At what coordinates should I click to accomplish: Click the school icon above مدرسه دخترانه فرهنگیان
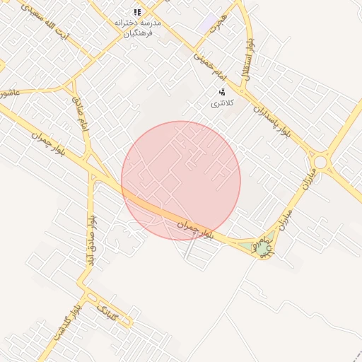click(137, 12)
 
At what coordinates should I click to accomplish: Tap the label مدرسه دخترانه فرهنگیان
click(138, 28)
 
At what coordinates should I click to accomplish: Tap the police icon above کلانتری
click(222, 92)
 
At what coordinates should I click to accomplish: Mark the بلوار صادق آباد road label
click(90, 240)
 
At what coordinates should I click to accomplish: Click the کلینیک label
click(112, 312)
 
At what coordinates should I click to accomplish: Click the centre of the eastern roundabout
click(320, 162)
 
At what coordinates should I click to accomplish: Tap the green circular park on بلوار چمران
click(263, 248)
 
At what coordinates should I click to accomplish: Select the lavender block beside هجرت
click(209, 23)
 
